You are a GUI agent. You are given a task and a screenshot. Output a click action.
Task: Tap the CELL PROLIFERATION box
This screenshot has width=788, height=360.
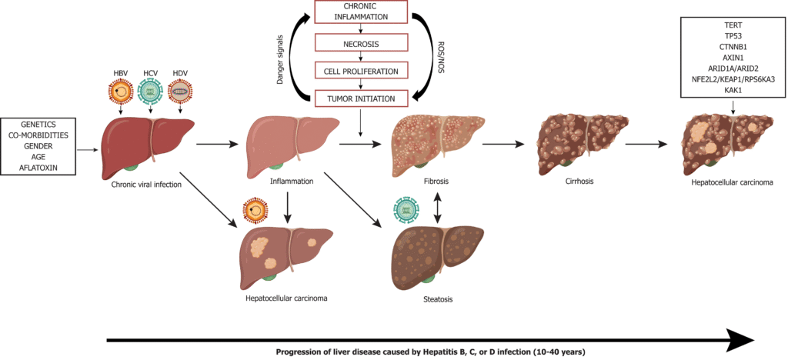(360, 71)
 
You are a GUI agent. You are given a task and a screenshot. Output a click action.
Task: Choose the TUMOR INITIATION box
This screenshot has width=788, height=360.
(360, 98)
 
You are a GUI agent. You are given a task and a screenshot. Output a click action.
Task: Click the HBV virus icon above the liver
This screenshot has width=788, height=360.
(122, 93)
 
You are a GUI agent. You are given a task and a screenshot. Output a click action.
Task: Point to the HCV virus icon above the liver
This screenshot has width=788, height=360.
(151, 93)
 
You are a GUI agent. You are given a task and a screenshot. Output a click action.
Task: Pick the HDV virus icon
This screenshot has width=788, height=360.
(180, 93)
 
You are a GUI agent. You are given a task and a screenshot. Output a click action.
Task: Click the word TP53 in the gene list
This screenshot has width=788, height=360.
(732, 35)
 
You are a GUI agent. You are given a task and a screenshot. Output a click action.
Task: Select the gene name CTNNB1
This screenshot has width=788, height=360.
(732, 46)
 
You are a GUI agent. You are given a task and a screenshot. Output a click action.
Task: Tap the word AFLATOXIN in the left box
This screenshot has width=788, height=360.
(38, 167)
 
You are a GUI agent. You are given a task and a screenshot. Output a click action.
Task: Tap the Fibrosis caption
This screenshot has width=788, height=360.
(437, 182)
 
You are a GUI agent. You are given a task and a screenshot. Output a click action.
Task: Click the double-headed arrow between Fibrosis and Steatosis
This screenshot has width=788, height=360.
(437, 208)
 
